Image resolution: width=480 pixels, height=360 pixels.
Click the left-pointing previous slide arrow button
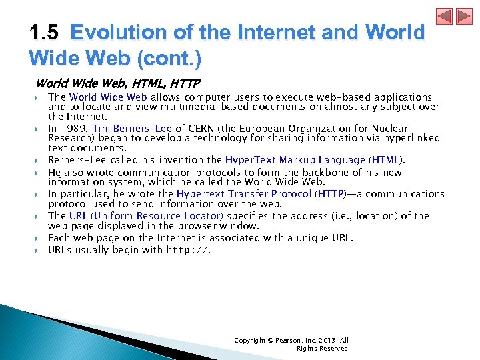coord(444,16)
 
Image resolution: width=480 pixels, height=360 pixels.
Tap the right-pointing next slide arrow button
coord(463,16)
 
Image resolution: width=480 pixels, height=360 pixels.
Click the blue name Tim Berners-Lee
coord(133,128)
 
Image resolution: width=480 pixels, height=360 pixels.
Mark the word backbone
coord(341,172)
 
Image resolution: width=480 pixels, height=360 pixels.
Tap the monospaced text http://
coord(188,251)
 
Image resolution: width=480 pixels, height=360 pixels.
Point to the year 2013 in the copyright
coord(328,341)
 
